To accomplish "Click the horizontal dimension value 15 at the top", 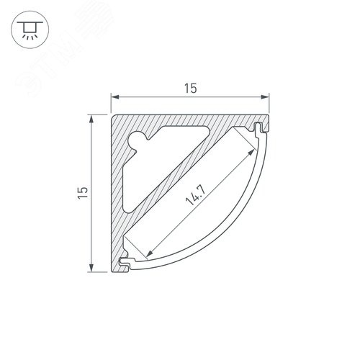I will (190, 88).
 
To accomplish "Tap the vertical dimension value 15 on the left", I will (83, 192).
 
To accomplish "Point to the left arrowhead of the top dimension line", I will (112, 97).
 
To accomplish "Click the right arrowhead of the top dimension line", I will (267, 97).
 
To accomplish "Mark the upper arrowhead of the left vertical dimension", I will (91, 115).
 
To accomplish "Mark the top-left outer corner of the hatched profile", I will (113, 114).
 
